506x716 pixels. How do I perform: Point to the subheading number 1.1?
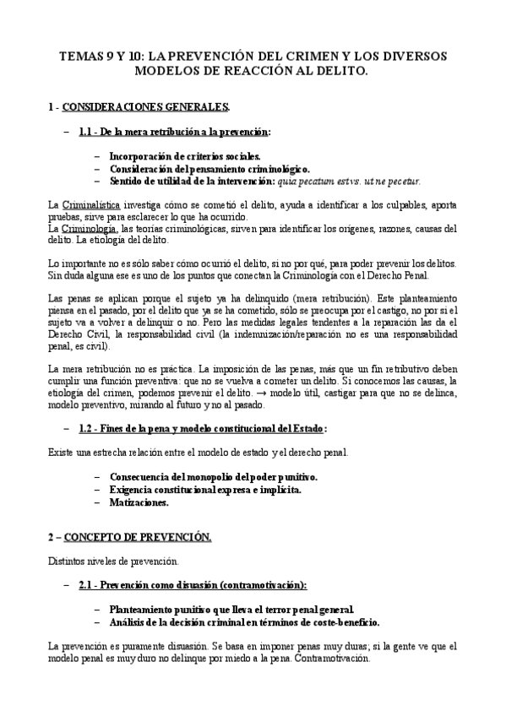coord(89,132)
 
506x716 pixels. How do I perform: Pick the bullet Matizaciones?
coord(139,502)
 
